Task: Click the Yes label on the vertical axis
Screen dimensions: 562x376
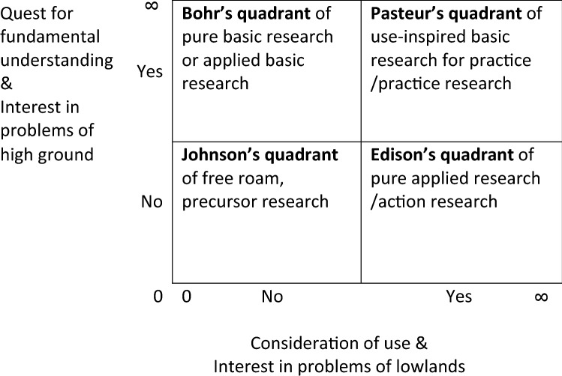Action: [150, 72]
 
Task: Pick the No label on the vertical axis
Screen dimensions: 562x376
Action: [152, 202]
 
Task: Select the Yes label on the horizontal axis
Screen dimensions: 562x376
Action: [459, 297]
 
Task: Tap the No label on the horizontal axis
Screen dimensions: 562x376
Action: [272, 297]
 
